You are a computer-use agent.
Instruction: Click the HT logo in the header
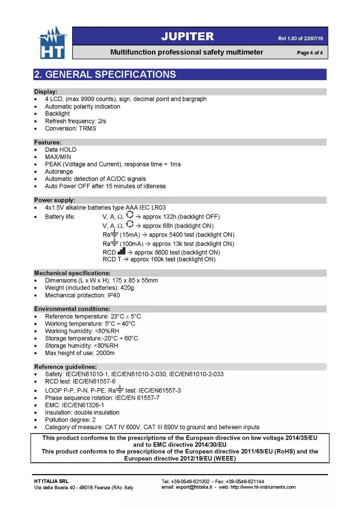(x=52, y=43)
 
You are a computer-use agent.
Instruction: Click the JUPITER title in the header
(x=187, y=36)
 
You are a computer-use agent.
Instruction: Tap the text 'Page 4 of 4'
(x=310, y=53)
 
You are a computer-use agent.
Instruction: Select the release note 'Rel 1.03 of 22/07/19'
(x=300, y=38)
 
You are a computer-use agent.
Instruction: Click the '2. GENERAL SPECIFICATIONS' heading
(x=105, y=74)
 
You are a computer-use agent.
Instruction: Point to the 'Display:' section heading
(x=46, y=92)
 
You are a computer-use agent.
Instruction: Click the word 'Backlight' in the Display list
(x=57, y=113)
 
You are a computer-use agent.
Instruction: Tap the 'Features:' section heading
(x=47, y=142)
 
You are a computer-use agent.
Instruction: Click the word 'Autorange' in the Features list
(x=59, y=171)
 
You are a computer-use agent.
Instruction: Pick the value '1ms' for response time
(x=175, y=164)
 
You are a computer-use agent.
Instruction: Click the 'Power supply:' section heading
(x=54, y=200)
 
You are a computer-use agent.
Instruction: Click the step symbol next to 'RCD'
(x=121, y=251)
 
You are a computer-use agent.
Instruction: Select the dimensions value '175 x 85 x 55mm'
(x=135, y=280)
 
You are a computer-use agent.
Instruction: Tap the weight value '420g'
(x=127, y=288)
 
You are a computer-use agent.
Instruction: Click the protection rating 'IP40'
(x=113, y=295)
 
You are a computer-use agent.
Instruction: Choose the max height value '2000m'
(x=105, y=353)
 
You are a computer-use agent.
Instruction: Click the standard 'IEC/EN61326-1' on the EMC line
(x=83, y=405)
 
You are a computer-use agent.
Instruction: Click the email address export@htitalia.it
(x=194, y=487)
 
